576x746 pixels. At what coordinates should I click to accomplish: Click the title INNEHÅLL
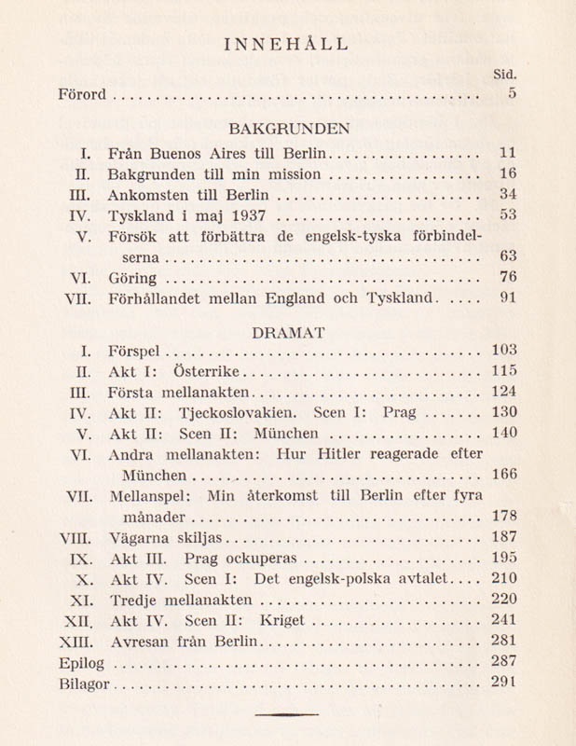coord(288,43)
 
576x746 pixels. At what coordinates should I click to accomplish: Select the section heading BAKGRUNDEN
coord(288,128)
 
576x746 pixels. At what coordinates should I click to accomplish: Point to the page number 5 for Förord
coord(512,93)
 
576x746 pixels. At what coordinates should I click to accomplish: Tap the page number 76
coord(507,276)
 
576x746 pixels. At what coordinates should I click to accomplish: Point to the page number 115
coord(503,371)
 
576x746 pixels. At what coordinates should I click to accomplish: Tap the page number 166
coord(503,475)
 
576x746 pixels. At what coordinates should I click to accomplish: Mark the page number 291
coord(503,683)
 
